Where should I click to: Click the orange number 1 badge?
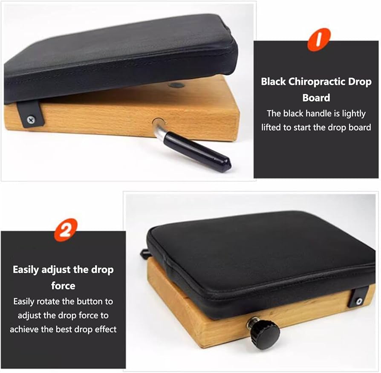(x=319, y=40)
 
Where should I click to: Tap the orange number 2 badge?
(x=66, y=230)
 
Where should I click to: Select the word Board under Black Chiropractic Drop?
(x=316, y=98)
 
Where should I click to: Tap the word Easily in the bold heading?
(x=26, y=270)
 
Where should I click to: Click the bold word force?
(x=63, y=286)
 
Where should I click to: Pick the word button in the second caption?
(x=91, y=301)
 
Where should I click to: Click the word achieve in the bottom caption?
(x=24, y=329)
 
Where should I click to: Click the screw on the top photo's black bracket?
(x=31, y=119)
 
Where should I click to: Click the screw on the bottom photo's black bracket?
(x=359, y=301)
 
